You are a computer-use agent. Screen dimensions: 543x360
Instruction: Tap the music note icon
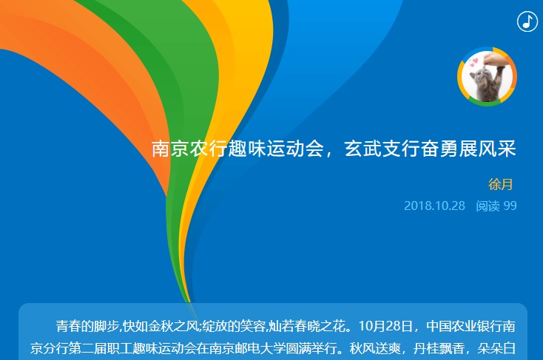click(x=527, y=21)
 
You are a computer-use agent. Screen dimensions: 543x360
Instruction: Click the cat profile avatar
click(x=487, y=76)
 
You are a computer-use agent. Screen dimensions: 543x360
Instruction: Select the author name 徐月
click(x=500, y=185)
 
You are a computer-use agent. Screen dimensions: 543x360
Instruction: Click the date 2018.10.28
click(x=434, y=206)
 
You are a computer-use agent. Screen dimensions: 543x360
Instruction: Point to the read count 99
click(x=510, y=206)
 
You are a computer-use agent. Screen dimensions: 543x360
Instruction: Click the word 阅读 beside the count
click(x=488, y=206)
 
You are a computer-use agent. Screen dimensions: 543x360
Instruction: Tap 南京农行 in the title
click(x=190, y=149)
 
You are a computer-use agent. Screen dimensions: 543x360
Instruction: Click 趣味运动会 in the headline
click(x=276, y=149)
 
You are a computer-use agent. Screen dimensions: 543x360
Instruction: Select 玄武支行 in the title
click(x=382, y=149)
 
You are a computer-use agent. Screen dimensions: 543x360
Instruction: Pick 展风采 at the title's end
click(x=488, y=149)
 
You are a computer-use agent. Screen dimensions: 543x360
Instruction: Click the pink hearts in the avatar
click(x=473, y=63)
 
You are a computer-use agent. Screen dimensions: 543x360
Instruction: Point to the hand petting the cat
click(x=493, y=59)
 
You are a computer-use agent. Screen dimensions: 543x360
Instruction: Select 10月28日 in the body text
click(x=385, y=327)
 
